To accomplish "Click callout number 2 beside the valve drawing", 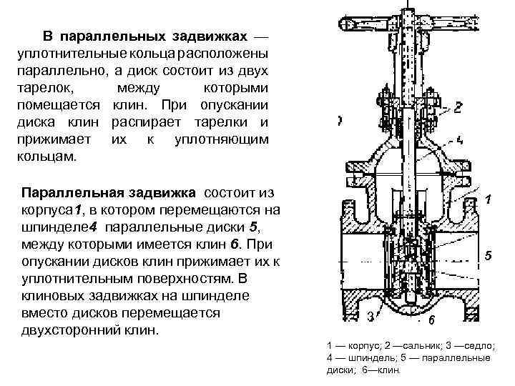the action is tap(458, 107).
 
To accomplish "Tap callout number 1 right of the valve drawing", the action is tap(487, 199).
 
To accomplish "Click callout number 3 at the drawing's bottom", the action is tap(369, 315).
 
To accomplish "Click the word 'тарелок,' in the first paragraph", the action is tap(44, 89).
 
